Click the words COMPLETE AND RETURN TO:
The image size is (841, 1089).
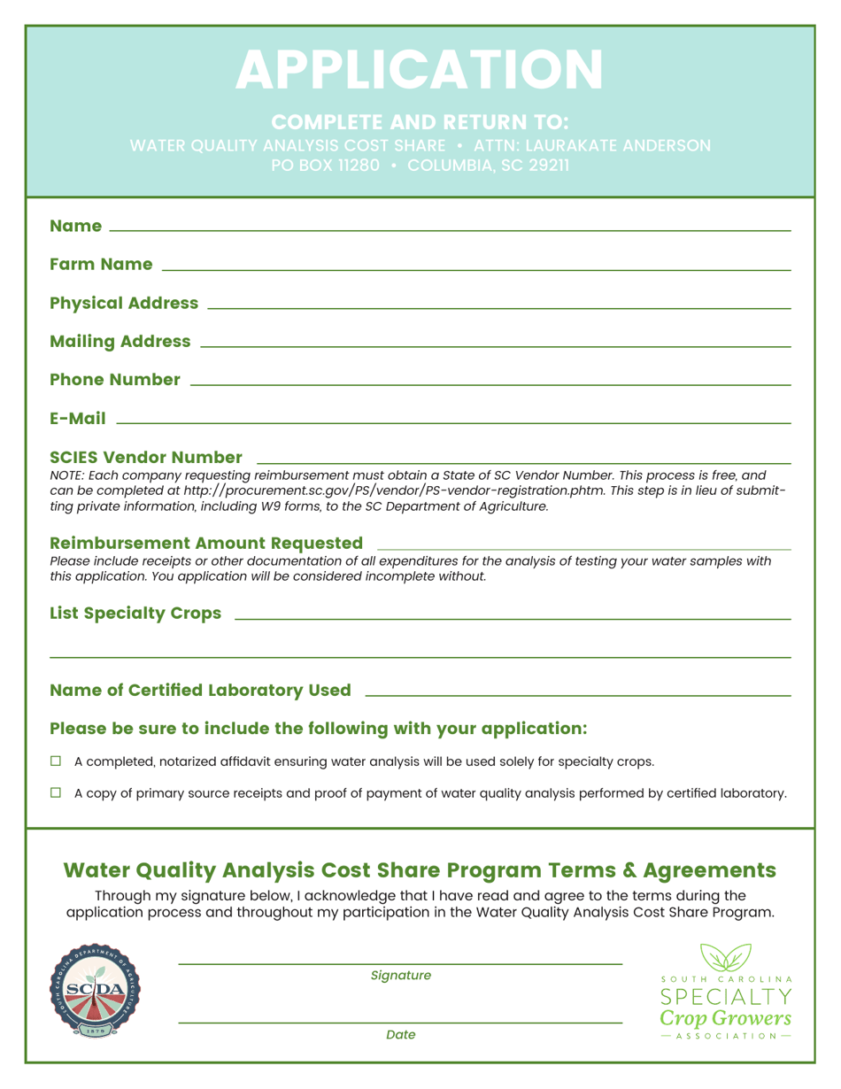[420, 121]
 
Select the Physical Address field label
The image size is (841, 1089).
[124, 304]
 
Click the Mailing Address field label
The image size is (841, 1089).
[120, 342]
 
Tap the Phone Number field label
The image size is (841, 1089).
[115, 380]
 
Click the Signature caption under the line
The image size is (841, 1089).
[401, 976]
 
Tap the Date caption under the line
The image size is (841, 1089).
[401, 1034]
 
